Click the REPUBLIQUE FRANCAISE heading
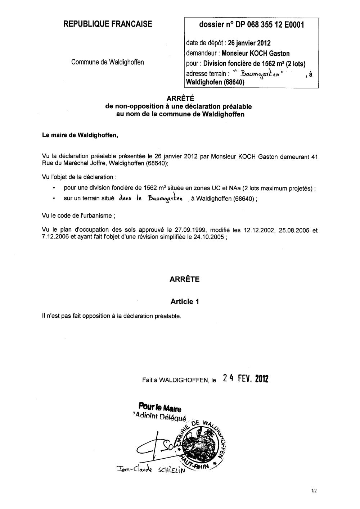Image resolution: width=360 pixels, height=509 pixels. [x=108, y=24]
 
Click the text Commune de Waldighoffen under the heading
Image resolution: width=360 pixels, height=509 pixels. [x=108, y=62]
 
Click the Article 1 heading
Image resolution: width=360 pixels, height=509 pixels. [x=184, y=301]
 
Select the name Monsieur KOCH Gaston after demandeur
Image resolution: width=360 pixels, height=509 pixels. [x=256, y=54]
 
